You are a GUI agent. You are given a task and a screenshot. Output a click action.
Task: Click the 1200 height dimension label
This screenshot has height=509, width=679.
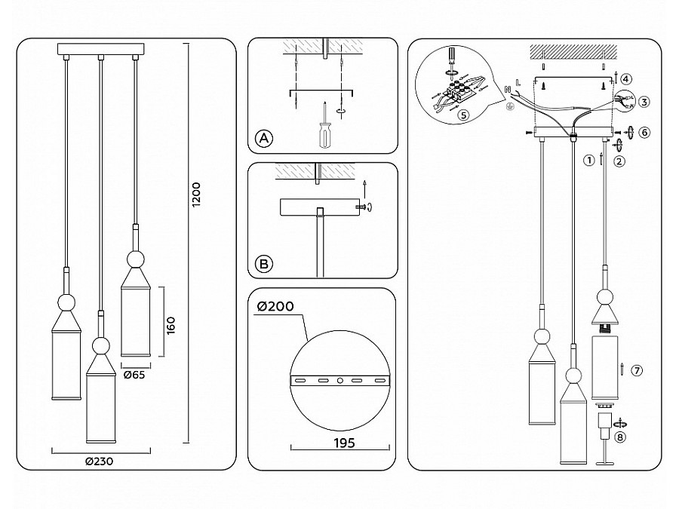pos(196,195)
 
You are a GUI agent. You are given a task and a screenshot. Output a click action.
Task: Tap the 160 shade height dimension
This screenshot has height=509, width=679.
pos(171,325)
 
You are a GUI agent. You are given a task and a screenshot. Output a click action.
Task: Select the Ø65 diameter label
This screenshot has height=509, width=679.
pos(134,375)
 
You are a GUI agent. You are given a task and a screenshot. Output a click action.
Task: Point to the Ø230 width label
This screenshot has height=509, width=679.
pos(99,461)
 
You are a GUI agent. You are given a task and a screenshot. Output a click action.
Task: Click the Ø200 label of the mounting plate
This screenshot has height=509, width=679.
pos(275,306)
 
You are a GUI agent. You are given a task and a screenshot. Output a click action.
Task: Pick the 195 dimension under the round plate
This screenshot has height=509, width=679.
pos(344,443)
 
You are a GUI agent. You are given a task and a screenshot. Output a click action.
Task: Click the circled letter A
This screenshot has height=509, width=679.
pos(264,139)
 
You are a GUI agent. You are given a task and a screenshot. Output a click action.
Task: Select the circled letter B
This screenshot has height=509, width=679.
pos(264,264)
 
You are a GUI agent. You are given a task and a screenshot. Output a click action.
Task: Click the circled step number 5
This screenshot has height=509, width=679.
pos(463,115)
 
